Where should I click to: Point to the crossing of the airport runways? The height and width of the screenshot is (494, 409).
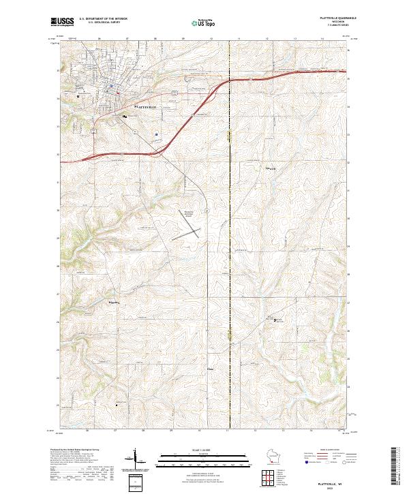click(x=192, y=231)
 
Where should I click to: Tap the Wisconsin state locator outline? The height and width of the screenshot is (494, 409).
click(x=273, y=456)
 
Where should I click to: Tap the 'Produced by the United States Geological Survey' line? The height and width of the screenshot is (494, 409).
click(x=74, y=450)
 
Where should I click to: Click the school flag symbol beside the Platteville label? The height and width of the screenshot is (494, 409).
click(x=124, y=117)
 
